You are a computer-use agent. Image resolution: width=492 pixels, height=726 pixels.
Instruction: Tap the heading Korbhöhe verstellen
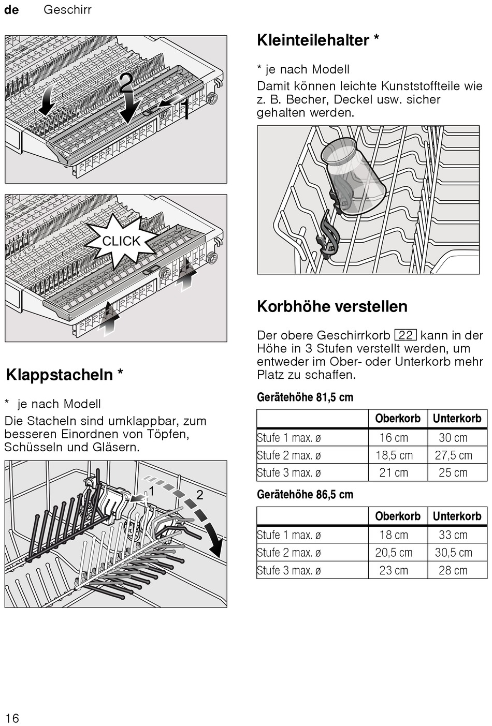[332, 306]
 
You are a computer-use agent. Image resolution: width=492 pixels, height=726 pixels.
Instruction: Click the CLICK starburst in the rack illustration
[121, 241]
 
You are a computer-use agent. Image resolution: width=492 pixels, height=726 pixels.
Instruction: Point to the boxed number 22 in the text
[405, 335]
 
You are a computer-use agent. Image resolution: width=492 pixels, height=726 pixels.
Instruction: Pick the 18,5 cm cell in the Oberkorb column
[394, 455]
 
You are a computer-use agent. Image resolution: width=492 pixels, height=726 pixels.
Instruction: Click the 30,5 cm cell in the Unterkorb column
[453, 553]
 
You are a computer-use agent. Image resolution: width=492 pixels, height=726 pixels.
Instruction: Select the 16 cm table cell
[394, 438]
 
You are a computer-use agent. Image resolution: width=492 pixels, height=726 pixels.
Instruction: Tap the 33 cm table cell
[453, 535]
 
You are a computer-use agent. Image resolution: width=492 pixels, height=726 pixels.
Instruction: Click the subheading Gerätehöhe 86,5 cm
[305, 495]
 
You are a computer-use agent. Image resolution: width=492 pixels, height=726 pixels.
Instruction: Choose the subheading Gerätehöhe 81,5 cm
[305, 397]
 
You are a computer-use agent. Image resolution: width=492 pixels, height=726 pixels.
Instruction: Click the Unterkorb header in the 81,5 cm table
[457, 418]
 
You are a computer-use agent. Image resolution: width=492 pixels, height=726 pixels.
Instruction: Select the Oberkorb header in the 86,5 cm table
[398, 516]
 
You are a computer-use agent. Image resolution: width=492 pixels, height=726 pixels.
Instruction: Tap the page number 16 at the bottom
[12, 718]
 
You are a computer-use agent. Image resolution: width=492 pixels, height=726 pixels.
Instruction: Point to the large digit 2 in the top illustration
[126, 83]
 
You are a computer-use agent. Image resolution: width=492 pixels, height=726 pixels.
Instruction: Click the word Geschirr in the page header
[67, 10]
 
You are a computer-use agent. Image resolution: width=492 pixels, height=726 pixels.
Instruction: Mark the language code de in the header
[11, 10]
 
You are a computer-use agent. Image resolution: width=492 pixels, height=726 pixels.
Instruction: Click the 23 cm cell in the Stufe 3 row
[394, 570]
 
